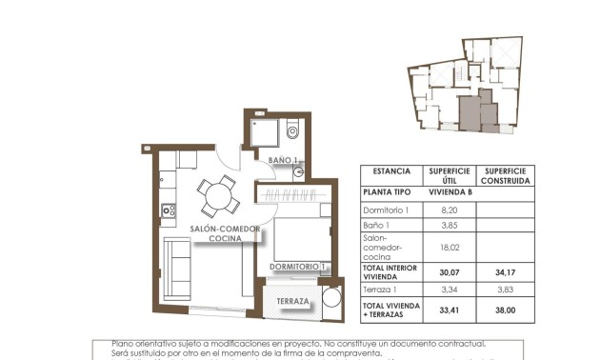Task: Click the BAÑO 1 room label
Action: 283,160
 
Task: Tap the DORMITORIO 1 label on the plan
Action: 298,267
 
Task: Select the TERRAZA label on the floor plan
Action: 292,302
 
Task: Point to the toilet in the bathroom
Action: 292,130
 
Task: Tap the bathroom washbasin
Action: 298,172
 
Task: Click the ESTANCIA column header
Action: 391,171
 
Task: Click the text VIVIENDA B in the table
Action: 447,191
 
